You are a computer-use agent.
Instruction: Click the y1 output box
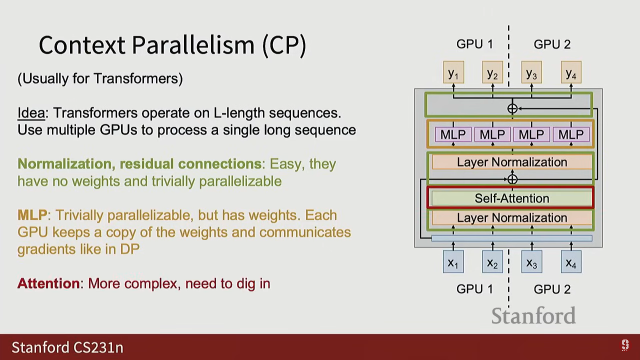pyautogui.click(x=453, y=72)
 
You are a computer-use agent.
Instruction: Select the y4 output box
pyautogui.click(x=571, y=72)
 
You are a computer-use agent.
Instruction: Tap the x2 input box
pyautogui.click(x=492, y=262)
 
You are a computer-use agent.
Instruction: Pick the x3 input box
pyautogui.click(x=532, y=262)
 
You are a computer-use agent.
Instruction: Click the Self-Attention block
pyautogui.click(x=511, y=198)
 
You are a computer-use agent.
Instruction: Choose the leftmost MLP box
pyautogui.click(x=453, y=135)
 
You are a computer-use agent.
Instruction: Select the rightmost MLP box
pyautogui.click(x=571, y=135)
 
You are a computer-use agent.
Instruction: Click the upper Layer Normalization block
pyautogui.click(x=512, y=162)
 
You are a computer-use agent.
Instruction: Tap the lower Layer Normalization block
pyautogui.click(x=512, y=218)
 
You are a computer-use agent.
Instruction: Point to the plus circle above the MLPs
pyautogui.click(x=512, y=109)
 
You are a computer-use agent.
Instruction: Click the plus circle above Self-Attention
pyautogui.click(x=512, y=179)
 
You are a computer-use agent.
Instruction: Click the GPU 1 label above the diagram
pyautogui.click(x=474, y=44)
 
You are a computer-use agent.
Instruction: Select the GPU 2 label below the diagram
pyautogui.click(x=552, y=289)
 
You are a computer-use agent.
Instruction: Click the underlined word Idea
pyautogui.click(x=31, y=113)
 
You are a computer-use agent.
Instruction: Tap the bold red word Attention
pyautogui.click(x=48, y=284)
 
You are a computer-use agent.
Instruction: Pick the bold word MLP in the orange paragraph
pyautogui.click(x=32, y=215)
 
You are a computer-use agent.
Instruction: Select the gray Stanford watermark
pyautogui.click(x=533, y=316)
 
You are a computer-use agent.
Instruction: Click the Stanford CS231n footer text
pyautogui.click(x=67, y=347)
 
